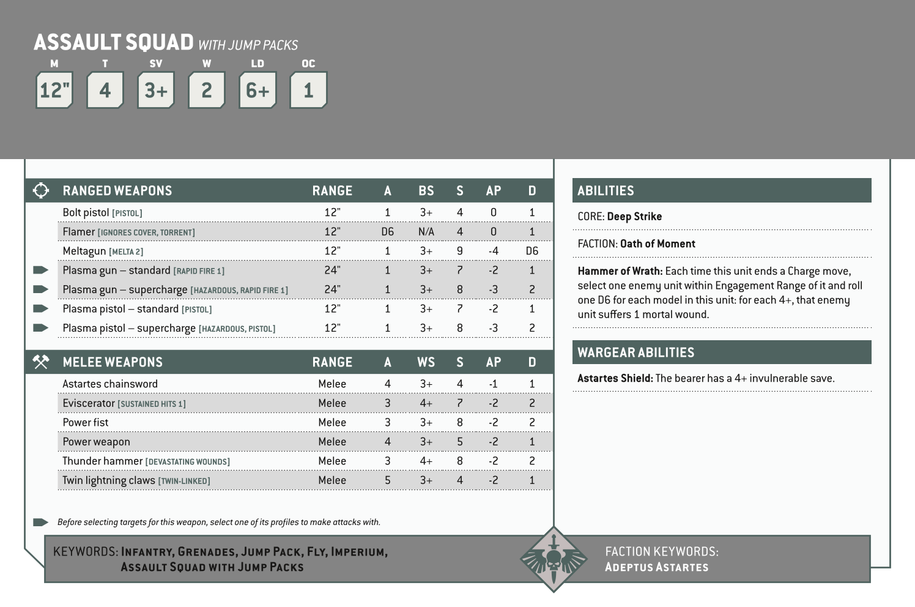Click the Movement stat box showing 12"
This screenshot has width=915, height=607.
point(54,90)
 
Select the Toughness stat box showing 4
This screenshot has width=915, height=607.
point(105,90)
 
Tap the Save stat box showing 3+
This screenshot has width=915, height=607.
point(156,90)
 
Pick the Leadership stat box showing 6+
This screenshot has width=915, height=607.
point(257,90)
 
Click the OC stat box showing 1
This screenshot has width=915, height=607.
point(308,90)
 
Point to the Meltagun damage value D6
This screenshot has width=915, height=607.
point(532,251)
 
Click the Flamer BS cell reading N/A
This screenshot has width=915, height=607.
point(426,232)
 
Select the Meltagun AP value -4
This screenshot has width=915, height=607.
point(493,251)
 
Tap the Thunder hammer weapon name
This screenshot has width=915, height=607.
point(102,461)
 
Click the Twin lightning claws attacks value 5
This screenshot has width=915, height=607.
point(387,480)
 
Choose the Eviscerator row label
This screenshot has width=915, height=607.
point(89,403)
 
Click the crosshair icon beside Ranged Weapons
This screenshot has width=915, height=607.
point(41,190)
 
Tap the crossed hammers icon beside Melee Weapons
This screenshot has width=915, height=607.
point(41,362)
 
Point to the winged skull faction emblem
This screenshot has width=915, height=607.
point(553,559)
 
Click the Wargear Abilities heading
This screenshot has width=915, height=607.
point(635,352)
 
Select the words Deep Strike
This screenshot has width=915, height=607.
point(634,217)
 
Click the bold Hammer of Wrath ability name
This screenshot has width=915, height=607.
point(620,271)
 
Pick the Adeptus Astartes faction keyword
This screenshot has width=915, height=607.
point(656,567)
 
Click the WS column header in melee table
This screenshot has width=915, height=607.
point(426,362)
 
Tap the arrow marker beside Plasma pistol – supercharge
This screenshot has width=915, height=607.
point(40,328)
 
